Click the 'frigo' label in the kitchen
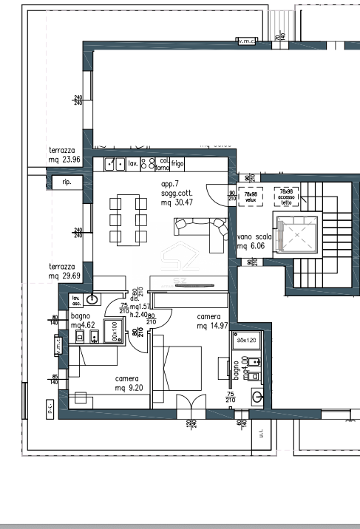pos(177,162)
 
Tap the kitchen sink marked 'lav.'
pos(115,164)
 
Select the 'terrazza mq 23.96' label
pos(64,154)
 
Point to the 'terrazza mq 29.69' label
pos(64,271)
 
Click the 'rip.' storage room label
pos(67,181)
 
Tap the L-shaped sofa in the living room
pos(201,231)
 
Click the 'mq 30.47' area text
pos(177,202)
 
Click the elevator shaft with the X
pos(296,233)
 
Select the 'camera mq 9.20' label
pos(126,383)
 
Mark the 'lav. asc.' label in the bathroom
pos(76,300)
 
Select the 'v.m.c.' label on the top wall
pos(245,41)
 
